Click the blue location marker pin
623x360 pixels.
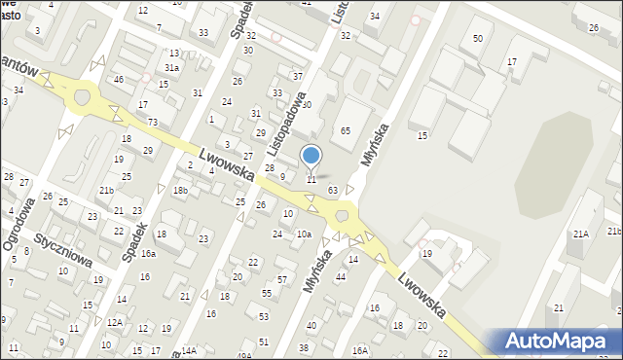pyautogui.click(x=311, y=156)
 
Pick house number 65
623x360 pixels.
pyautogui.click(x=346, y=130)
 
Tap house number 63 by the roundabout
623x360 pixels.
pyautogui.click(x=333, y=190)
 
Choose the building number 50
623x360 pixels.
pyautogui.click(x=477, y=38)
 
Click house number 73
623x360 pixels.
pyautogui.click(x=153, y=121)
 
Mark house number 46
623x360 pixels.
pyautogui.click(x=119, y=79)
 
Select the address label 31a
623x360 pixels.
pyautogui.click(x=171, y=68)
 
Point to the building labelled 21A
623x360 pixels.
pyautogui.click(x=581, y=234)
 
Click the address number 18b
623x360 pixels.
pyautogui.click(x=180, y=190)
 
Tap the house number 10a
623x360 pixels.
pyautogui.click(x=304, y=234)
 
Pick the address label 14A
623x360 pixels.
pyautogui.click(x=189, y=350)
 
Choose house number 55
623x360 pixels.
pyautogui.click(x=267, y=293)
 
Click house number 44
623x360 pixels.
pyautogui.click(x=341, y=277)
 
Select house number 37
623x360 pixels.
pyautogui.click(x=298, y=76)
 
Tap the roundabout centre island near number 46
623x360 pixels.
pyautogui.click(x=82, y=96)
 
